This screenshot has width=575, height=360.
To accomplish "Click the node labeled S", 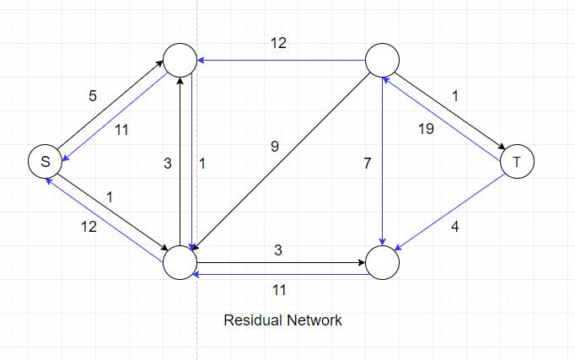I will coord(45,161).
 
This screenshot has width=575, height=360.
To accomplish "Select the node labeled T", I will coord(517,161).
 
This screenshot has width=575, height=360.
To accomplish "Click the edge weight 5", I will coord(93,96).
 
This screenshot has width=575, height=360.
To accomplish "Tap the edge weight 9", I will coord(274,147).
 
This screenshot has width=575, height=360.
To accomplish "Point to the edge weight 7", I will coord(368,164).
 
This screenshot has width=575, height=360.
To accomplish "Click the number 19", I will coord(426,130).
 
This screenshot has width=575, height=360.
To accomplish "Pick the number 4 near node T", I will coord(455,227).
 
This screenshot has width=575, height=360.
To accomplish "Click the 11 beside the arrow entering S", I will coord(121,130).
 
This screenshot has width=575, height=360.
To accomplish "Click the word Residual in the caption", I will coord(252,320).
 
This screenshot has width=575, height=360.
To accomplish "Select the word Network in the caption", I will coord(314,320).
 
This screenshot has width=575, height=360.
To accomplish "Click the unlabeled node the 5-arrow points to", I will coord(180,60).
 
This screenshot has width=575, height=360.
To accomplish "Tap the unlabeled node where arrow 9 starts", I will coord(382,60).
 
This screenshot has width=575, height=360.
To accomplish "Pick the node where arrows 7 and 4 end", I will coord(382,262).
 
